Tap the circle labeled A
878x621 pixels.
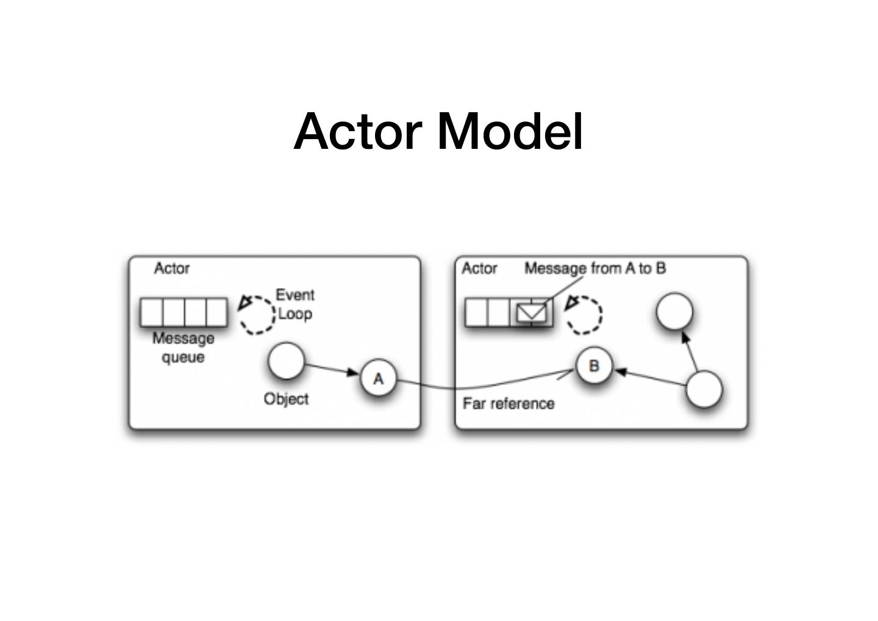379,378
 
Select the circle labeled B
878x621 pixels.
594,366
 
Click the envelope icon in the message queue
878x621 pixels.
532,313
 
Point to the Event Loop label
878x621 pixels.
295,304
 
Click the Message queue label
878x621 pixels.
183,347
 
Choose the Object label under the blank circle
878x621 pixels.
286,399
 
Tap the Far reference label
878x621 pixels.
509,404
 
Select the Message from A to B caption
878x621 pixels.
595,268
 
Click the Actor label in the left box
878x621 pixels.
172,268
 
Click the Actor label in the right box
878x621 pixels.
479,268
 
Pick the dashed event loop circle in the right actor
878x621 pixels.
585,315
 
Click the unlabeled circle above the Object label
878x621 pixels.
285,361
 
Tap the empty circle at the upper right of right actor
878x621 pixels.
674,311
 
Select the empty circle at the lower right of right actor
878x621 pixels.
704,389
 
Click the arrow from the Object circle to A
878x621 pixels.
331,369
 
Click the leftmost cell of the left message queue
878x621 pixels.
151,312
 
